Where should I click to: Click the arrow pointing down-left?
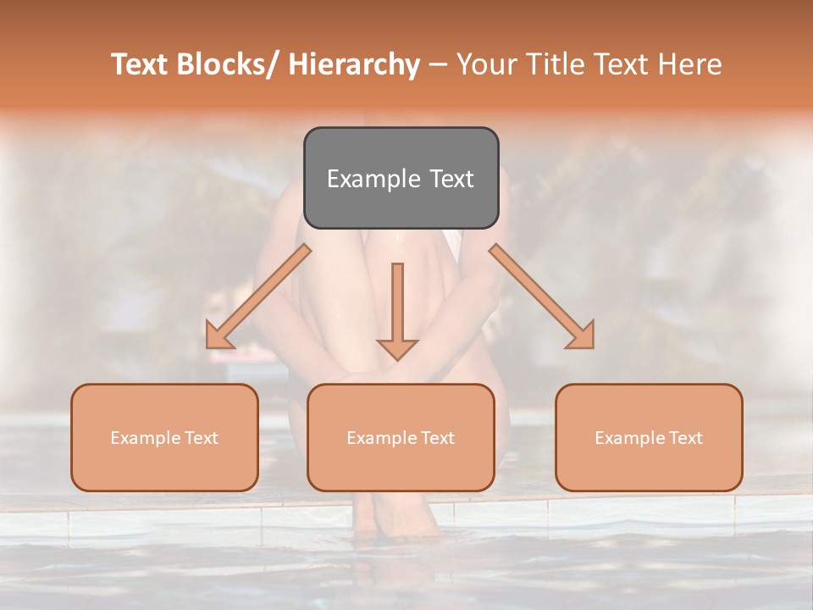coord(258,297)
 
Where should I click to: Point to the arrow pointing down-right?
coord(542,297)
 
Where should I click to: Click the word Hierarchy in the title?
coord(354,65)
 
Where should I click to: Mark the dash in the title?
coord(438,65)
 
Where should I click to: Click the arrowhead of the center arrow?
coord(398,348)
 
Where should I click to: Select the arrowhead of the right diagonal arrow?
coord(582,336)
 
